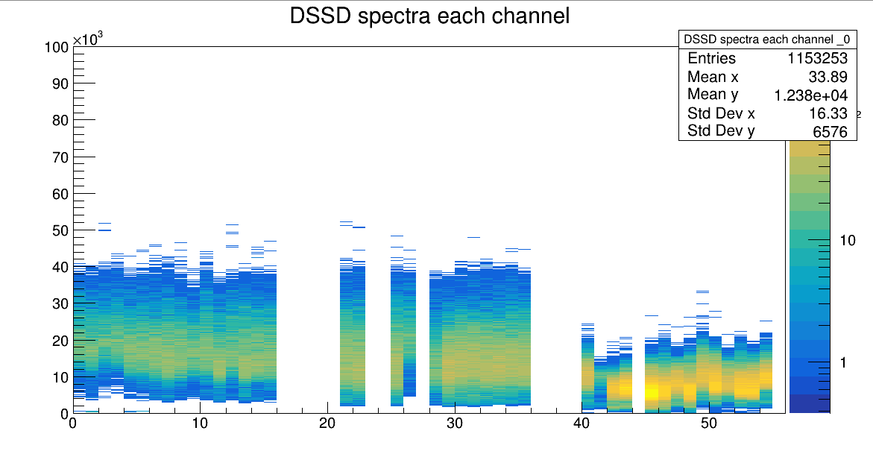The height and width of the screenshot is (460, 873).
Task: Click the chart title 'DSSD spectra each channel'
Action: pyautogui.click(x=429, y=16)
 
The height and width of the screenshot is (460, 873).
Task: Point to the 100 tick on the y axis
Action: pyautogui.click(x=57, y=47)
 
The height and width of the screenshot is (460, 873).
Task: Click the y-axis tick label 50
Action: pyautogui.click(x=60, y=230)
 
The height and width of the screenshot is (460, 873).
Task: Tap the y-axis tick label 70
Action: pyautogui.click(x=60, y=157)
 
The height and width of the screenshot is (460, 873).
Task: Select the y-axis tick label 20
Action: pyautogui.click(x=60, y=341)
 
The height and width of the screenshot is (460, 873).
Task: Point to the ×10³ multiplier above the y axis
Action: pyautogui.click(x=86, y=39)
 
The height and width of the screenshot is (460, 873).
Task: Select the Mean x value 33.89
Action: pyautogui.click(x=828, y=77)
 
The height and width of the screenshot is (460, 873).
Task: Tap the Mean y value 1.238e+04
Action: pyautogui.click(x=811, y=95)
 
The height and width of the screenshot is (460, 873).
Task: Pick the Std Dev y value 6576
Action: pyautogui.click(x=831, y=131)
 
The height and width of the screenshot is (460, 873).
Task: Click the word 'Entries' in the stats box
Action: pyautogui.click(x=711, y=59)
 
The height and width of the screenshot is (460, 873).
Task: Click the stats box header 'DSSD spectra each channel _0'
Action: pyautogui.click(x=767, y=39)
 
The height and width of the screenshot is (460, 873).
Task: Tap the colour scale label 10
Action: pyautogui.click(x=848, y=240)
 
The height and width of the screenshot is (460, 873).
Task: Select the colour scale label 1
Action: pyautogui.click(x=842, y=362)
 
